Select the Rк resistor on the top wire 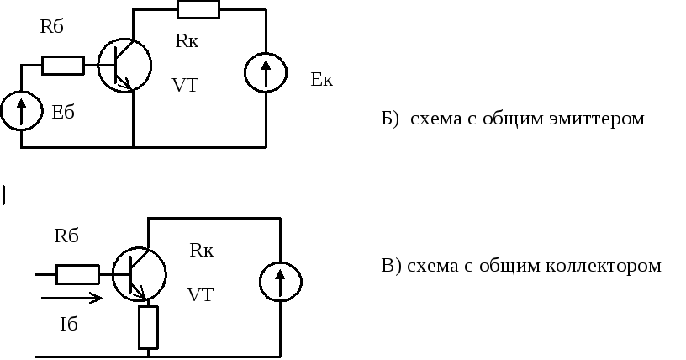(x=198, y=9)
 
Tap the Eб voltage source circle (x=20, y=112)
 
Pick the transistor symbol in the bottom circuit (x=139, y=274)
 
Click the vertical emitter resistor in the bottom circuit (x=148, y=327)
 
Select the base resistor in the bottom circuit (x=78, y=274)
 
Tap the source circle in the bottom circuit (x=280, y=282)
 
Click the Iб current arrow (x=71, y=297)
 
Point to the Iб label (x=69, y=325)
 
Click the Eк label (x=321, y=81)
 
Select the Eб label (x=63, y=114)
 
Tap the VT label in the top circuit (x=184, y=85)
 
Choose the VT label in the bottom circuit (x=199, y=295)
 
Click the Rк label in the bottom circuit (x=202, y=250)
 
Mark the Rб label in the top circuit (x=52, y=26)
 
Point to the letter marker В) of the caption (x=391, y=267)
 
